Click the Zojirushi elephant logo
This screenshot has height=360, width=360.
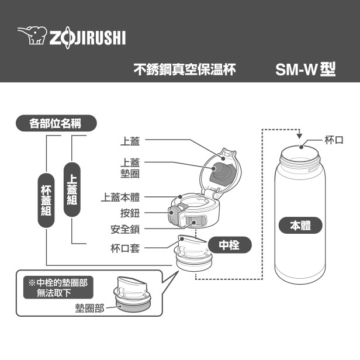pyautogui.click(x=31, y=36)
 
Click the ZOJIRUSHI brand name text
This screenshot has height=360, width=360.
pyautogui.click(x=87, y=37)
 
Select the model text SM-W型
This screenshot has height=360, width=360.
pyautogui.click(x=306, y=70)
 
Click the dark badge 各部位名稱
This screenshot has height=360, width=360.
pyautogui.click(x=56, y=123)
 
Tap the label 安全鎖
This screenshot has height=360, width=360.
pyautogui.click(x=125, y=229)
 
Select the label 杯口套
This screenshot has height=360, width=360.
pyautogui.click(x=125, y=248)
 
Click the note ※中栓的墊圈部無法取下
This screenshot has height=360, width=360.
pyautogui.click(x=58, y=287)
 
